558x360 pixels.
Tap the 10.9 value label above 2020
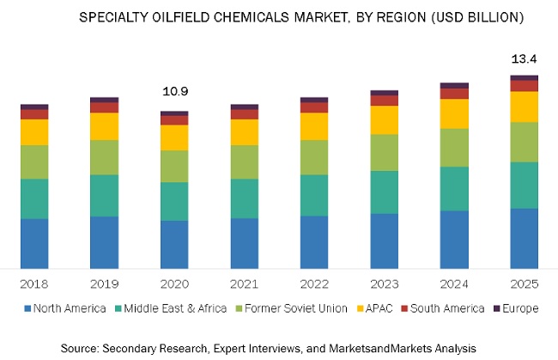[x=174, y=91]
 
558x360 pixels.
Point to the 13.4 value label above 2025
[x=524, y=58]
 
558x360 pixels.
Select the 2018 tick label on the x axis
[x=34, y=284]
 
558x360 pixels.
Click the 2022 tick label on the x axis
[x=313, y=284]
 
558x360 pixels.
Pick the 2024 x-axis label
[x=453, y=284]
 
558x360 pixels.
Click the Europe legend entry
[x=518, y=308]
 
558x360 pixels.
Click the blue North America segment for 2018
[x=34, y=243]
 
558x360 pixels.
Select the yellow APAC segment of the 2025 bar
[x=524, y=107]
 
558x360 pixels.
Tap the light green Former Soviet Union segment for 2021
[x=244, y=162]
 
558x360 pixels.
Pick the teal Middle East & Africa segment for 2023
[x=384, y=192]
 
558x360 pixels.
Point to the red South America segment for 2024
[x=453, y=94]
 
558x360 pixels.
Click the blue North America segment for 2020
[x=174, y=244]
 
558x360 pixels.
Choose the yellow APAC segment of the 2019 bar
[x=104, y=126]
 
